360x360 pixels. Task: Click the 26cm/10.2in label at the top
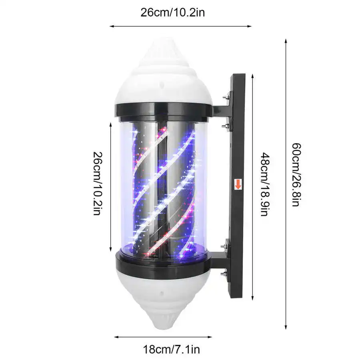(173, 12)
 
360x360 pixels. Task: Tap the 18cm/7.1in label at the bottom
(171, 350)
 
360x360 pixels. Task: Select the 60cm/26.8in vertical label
(296, 175)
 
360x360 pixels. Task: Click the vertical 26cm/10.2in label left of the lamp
(97, 183)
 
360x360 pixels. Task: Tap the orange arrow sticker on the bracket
(238, 184)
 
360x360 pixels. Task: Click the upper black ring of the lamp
(164, 112)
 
